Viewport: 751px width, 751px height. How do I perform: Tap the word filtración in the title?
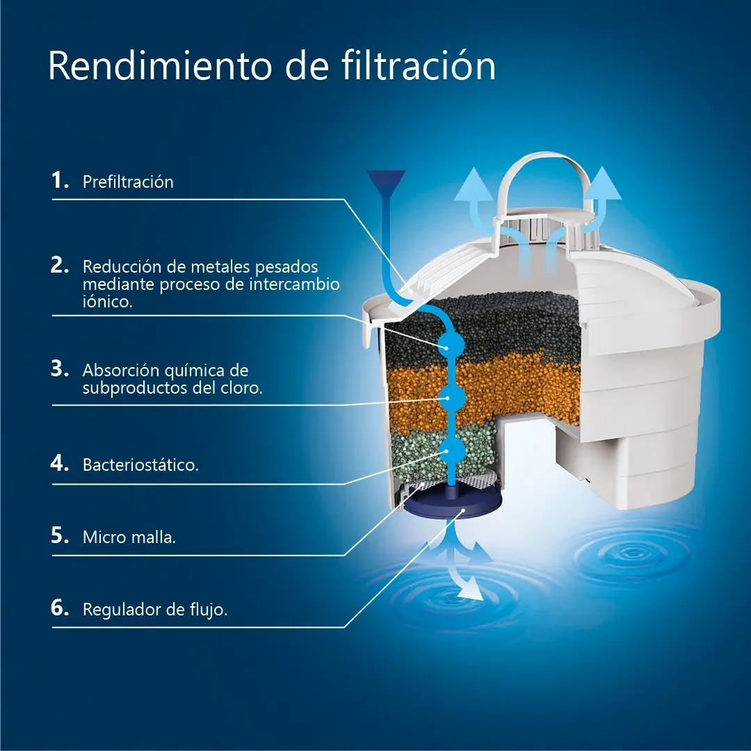click(x=419, y=65)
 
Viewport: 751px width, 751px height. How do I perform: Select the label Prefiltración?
click(x=128, y=182)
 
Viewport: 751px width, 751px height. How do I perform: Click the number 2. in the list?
click(x=60, y=265)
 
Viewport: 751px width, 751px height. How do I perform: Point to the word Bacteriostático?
click(x=140, y=465)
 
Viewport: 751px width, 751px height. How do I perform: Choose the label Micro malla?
click(x=129, y=537)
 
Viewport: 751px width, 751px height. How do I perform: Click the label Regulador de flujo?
click(x=154, y=610)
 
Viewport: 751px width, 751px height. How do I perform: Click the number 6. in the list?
click(x=60, y=608)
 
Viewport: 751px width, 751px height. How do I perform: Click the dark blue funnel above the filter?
click(x=386, y=183)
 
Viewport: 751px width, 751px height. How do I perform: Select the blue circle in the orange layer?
click(x=452, y=398)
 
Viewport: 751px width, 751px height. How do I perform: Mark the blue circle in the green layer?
click(x=452, y=450)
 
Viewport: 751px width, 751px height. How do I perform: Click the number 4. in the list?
click(x=60, y=463)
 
